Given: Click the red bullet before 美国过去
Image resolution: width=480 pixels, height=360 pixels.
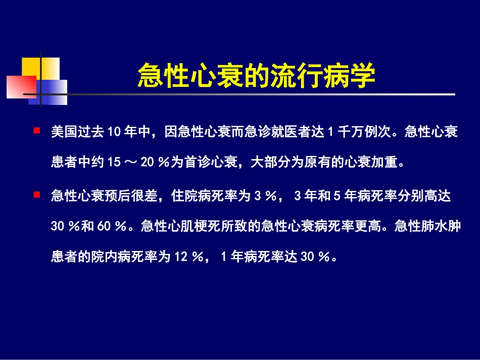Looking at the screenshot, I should [36, 131].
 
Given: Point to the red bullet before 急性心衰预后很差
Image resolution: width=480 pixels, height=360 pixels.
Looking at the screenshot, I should [36, 194].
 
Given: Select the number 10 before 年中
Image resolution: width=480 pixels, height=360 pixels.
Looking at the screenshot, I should [113, 132].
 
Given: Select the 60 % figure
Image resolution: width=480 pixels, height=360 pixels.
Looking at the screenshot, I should [111, 227].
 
